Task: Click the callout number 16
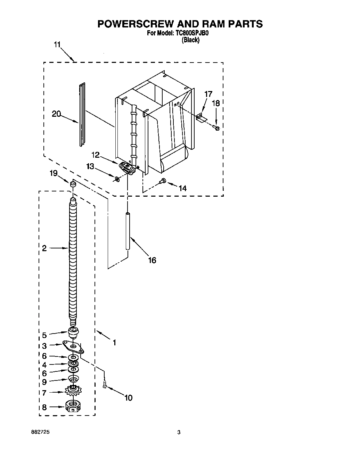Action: point(152,260)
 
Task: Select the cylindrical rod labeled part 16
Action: point(128,231)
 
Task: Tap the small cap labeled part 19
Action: point(73,184)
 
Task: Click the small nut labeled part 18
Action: point(217,129)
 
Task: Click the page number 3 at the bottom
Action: point(179,432)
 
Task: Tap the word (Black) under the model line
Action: point(191,40)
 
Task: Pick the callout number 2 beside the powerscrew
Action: point(44,248)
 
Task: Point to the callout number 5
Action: point(44,335)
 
